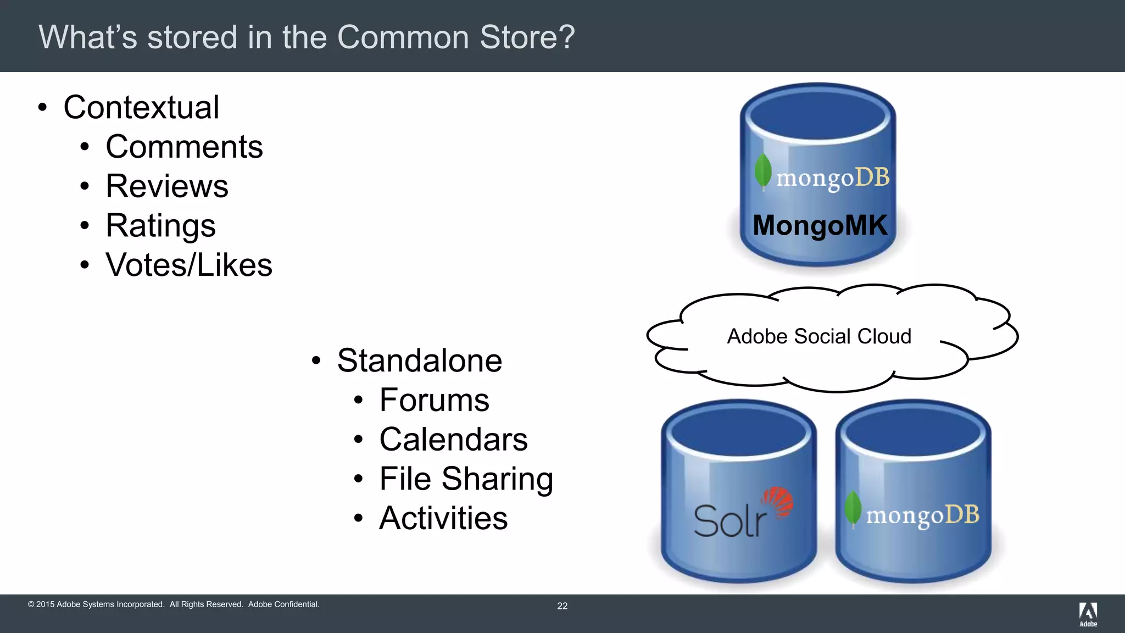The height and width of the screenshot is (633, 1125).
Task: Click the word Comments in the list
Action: click(x=184, y=147)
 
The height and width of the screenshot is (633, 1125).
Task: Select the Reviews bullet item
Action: click(x=166, y=186)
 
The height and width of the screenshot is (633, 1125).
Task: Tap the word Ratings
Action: click(x=160, y=226)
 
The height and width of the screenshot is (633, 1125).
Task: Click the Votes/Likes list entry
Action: click(x=188, y=265)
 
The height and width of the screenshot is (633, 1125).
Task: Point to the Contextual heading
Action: click(x=141, y=107)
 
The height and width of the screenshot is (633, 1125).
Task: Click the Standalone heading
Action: click(x=419, y=361)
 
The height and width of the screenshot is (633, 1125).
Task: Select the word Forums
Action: click(x=434, y=400)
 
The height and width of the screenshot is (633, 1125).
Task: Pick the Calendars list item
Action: click(x=453, y=440)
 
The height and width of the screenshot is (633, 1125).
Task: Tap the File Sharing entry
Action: click(x=466, y=479)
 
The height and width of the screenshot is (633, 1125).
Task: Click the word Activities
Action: click(x=443, y=519)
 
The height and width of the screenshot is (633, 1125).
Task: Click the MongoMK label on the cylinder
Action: click(x=820, y=225)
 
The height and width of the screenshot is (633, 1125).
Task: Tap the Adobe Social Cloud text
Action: click(x=819, y=336)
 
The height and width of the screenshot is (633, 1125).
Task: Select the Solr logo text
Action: click(x=729, y=521)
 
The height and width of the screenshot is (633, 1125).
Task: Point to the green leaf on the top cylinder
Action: click(x=762, y=171)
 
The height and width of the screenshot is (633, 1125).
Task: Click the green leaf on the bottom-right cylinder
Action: click(x=853, y=508)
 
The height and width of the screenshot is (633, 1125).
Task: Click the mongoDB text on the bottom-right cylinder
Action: click(x=922, y=515)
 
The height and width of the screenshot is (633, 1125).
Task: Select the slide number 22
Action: click(x=562, y=606)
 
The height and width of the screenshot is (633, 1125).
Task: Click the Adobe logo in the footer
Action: click(x=1088, y=614)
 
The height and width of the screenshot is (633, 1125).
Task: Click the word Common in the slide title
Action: click(x=403, y=37)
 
